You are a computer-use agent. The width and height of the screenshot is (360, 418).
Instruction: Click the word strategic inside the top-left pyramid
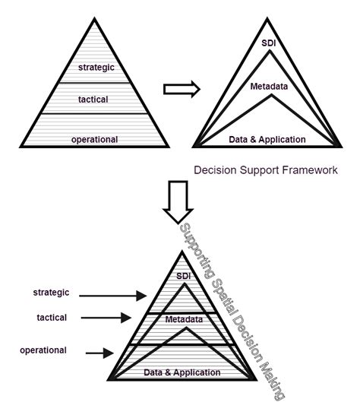tap(96, 68)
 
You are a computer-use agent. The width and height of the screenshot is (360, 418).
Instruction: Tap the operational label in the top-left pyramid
tap(95, 139)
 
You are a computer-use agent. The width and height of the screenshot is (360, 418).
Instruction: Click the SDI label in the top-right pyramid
tap(267, 43)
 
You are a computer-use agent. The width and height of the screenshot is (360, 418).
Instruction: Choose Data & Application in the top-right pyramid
tap(267, 139)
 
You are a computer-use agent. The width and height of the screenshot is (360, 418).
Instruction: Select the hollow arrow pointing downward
tap(180, 199)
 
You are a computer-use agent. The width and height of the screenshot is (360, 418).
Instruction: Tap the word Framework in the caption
tap(308, 170)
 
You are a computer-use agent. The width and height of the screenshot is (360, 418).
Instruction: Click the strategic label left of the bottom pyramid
tap(51, 292)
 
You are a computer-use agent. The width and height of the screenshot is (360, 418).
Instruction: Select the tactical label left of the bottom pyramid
tap(51, 318)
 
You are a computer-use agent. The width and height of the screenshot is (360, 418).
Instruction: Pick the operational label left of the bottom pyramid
tap(44, 350)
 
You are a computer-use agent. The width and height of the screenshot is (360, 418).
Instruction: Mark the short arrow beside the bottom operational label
tap(99, 353)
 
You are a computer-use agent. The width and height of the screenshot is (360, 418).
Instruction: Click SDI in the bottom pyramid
tap(183, 276)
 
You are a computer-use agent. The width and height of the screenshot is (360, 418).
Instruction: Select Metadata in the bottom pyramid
tap(183, 320)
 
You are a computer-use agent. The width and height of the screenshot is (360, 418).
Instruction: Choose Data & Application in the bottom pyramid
tap(183, 372)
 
